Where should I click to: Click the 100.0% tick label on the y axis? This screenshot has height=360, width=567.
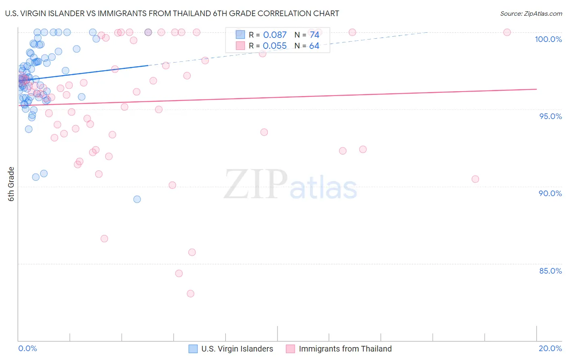548,39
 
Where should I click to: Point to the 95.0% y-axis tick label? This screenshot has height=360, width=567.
550,116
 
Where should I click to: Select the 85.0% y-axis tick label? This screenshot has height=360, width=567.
550,271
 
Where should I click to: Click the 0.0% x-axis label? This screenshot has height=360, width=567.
27,348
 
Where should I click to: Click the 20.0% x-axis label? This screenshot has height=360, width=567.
550,348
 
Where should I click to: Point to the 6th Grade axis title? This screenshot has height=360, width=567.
11,184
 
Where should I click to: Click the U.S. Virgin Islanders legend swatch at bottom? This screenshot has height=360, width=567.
193,349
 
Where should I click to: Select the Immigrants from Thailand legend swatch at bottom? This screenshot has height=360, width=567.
290,349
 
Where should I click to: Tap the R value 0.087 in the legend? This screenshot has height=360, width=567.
275,35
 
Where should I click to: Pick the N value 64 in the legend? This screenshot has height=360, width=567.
314,46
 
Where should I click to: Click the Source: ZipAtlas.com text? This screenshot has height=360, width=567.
531,13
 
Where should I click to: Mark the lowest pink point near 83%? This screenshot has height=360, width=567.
191,293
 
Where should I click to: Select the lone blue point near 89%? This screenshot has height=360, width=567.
137,199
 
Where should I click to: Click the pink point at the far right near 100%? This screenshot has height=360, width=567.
507,32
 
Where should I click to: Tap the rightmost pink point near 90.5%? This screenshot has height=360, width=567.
475,179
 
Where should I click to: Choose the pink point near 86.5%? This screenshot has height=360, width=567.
104,239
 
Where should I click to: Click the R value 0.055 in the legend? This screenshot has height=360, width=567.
275,46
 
